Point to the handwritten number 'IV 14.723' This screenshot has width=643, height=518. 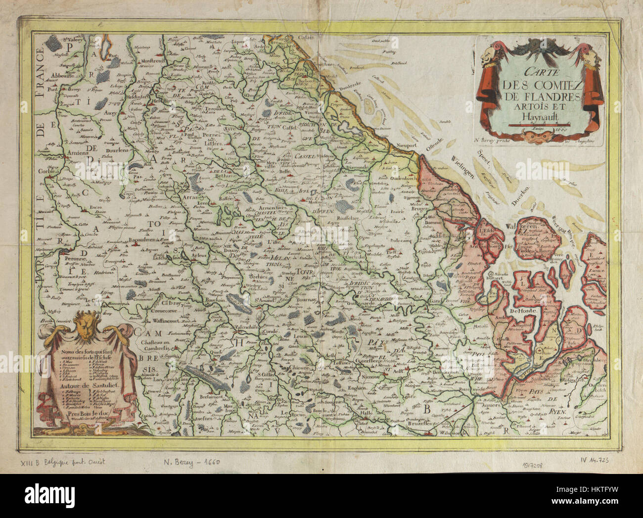594,460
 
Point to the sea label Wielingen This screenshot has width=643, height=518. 463,167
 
